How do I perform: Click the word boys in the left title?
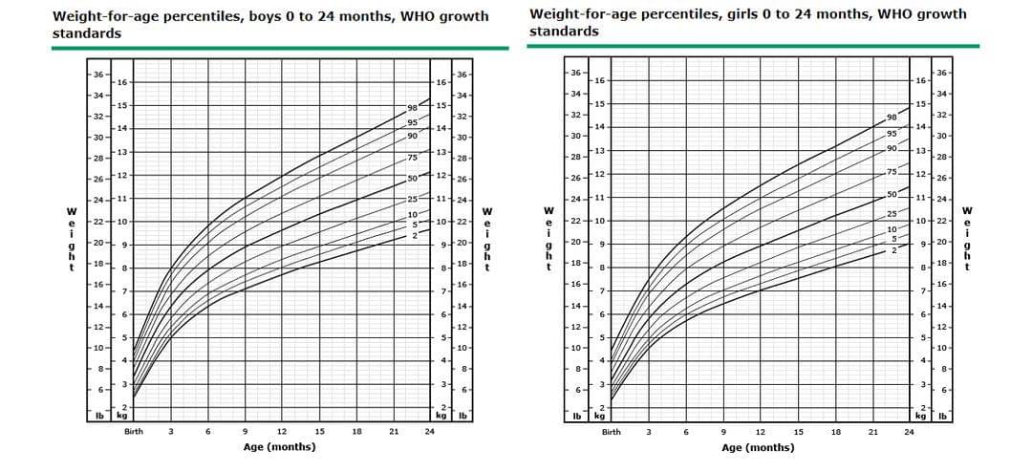pyautogui.click(x=290, y=16)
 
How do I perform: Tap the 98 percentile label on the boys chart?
pyautogui.click(x=413, y=110)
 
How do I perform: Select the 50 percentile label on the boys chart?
pyautogui.click(x=413, y=178)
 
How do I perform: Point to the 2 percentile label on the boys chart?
pyautogui.click(x=415, y=235)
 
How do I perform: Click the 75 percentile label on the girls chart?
pyautogui.click(x=892, y=172)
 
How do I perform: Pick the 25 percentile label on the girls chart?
pyautogui.click(x=892, y=214)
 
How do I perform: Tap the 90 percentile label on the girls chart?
pyautogui.click(x=892, y=148)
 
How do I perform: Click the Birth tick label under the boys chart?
pyautogui.click(x=134, y=432)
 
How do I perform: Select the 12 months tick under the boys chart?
pyautogui.click(x=282, y=432)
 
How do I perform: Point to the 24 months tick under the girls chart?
pyautogui.click(x=909, y=432)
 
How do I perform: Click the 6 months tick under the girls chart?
pyautogui.click(x=685, y=432)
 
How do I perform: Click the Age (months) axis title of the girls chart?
pyautogui.click(x=758, y=446)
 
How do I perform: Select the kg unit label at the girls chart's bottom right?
pyautogui.click(x=919, y=416)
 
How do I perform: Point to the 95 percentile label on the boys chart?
pyautogui.click(x=413, y=122)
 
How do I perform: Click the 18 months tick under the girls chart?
pyautogui.click(x=835, y=432)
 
